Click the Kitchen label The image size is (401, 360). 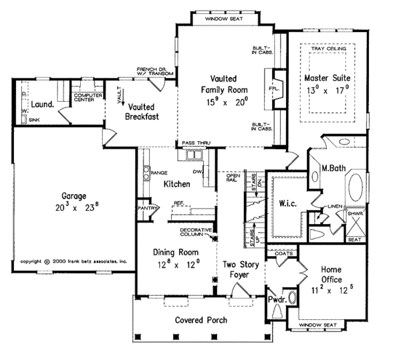tap(176, 183)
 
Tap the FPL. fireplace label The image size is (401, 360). tap(275, 87)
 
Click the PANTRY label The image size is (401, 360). tap(147, 208)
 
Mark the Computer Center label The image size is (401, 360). tap(88, 98)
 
